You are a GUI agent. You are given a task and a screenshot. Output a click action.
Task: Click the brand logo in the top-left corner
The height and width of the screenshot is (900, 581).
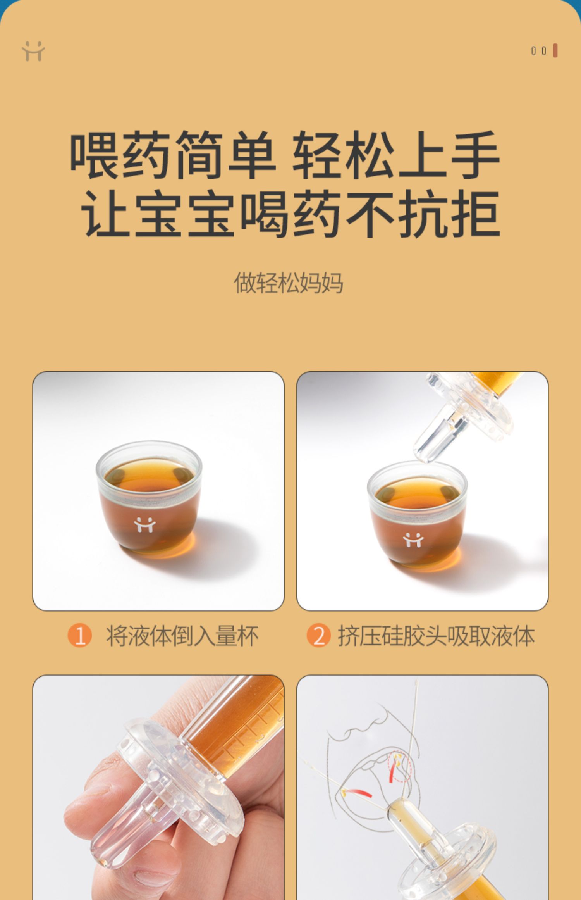coord(33,51)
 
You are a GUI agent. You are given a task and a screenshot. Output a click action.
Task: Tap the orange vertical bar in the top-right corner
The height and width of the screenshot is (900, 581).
coord(555,51)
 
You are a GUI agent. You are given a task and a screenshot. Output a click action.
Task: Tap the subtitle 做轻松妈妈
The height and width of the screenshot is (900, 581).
coord(289,283)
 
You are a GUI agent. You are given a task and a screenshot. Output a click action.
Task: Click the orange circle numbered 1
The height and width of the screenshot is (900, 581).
coord(79,635)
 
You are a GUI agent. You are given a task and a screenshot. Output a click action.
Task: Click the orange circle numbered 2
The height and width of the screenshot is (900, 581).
coord(318,635)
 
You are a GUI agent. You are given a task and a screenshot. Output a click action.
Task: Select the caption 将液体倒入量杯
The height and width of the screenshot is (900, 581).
coord(182,636)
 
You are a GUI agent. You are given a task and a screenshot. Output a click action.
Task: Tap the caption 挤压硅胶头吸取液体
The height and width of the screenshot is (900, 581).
coord(437,636)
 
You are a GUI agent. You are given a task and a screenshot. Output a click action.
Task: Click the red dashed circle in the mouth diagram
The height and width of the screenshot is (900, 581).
coord(400,766)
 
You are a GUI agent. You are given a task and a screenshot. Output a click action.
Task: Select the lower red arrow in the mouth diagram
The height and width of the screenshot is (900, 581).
coord(359,793)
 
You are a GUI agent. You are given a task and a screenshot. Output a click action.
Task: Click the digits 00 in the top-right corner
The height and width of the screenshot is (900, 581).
coord(539,51)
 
